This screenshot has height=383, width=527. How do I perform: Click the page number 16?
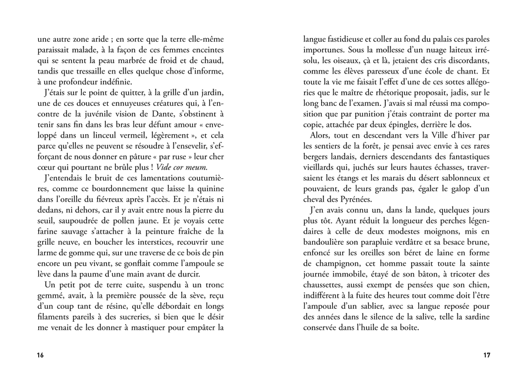(40, 355)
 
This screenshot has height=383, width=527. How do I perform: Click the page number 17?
(486, 355)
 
